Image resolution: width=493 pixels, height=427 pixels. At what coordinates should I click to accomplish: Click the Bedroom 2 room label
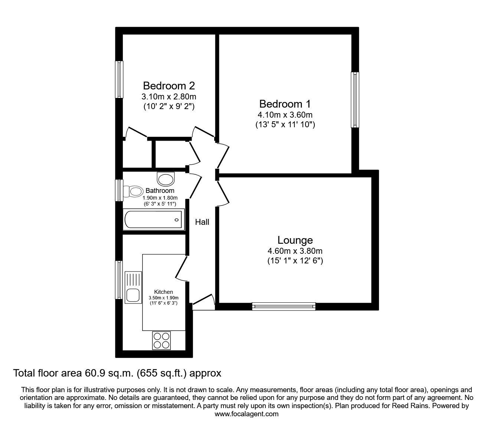tap(169, 86)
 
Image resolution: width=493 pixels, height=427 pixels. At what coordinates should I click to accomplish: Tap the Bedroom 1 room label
tap(285, 104)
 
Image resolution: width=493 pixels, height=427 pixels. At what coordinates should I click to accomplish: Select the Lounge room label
tap(295, 240)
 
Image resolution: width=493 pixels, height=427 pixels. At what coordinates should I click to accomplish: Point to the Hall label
tap(202, 222)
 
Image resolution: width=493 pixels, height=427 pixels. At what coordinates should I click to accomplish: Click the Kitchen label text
tap(164, 292)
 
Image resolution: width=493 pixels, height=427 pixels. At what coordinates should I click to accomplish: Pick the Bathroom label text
tap(160, 191)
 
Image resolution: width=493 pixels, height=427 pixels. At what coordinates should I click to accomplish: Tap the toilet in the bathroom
tap(134, 191)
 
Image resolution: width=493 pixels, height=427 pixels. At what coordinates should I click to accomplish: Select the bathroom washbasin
tap(166, 179)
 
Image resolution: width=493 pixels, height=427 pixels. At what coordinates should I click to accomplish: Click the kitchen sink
tap(133, 287)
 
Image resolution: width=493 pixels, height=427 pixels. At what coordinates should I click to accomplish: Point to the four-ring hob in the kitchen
tap(161, 340)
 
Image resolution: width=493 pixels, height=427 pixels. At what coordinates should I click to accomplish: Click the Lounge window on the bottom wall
tap(284, 306)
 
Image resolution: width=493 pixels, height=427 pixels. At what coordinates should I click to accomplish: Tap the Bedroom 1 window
tap(355, 100)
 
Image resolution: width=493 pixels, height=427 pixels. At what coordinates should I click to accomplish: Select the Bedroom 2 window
tap(119, 79)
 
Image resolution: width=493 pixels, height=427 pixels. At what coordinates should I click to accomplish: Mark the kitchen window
tap(119, 280)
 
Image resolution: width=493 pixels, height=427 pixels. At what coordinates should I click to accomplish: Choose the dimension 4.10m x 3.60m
tap(285, 115)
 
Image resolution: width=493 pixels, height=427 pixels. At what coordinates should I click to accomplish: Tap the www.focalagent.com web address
tap(246, 414)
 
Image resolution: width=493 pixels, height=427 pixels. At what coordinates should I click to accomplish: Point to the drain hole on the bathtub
tap(177, 220)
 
